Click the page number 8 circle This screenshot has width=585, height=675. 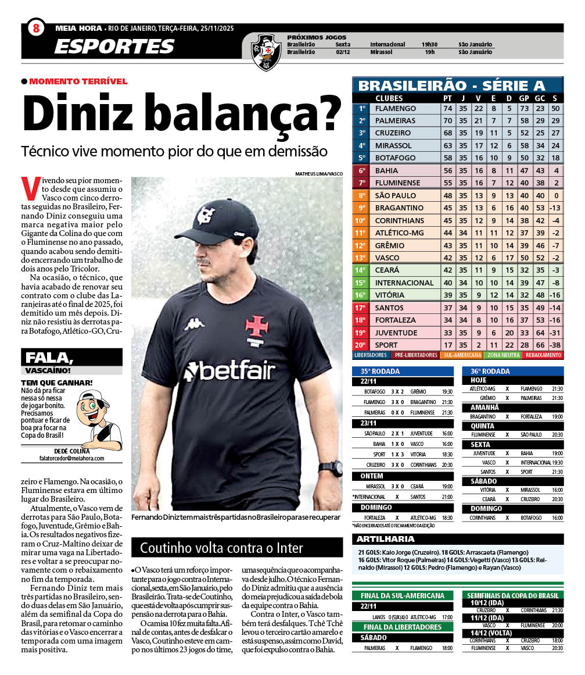pos(35,27)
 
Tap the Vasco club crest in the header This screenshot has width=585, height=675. pos(266,52)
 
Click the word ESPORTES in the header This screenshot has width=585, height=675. pos(114,46)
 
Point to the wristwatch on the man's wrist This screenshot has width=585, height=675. pos(331,468)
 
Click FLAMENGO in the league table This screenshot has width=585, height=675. pos(396,109)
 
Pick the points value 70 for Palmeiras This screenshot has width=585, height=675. pos(447,121)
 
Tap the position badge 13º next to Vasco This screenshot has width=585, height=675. pos(361,258)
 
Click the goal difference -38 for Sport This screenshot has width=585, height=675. pos(555,345)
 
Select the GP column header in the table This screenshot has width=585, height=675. pos(524,98)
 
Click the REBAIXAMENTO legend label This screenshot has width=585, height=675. pos(543,355)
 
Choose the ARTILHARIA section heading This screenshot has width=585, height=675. pos(386,539)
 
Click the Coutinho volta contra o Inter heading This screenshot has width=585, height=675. pos(214,548)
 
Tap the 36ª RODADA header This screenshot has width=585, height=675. pos(486,371)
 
